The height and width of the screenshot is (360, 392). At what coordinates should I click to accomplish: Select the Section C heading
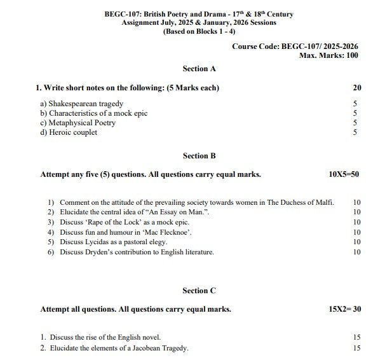[199, 291]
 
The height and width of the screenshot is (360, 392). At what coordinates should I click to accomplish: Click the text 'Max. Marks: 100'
[328, 55]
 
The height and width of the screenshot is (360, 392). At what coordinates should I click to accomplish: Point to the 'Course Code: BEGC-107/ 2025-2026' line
[295, 46]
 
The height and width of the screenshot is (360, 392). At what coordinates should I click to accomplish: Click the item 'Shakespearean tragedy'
[81, 103]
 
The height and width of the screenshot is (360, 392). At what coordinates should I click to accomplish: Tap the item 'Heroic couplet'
[69, 132]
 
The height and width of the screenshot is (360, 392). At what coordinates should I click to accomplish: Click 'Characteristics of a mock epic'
[93, 113]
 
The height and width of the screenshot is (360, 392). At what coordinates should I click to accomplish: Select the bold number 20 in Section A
[356, 87]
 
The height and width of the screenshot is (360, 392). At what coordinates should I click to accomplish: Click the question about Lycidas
[113, 242]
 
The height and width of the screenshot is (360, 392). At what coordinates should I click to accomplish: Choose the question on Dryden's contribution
[137, 252]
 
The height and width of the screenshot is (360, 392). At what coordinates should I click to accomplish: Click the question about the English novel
[100, 337]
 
